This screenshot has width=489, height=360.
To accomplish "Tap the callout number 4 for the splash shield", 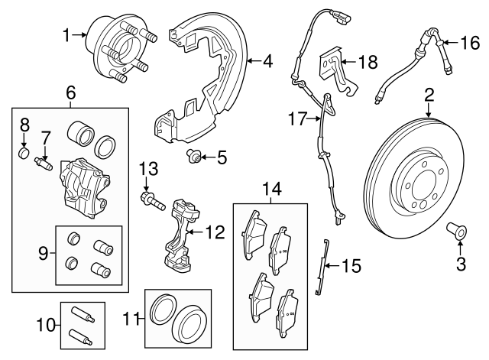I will (x=268, y=60).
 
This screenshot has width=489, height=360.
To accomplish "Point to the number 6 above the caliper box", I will (x=70, y=93).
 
